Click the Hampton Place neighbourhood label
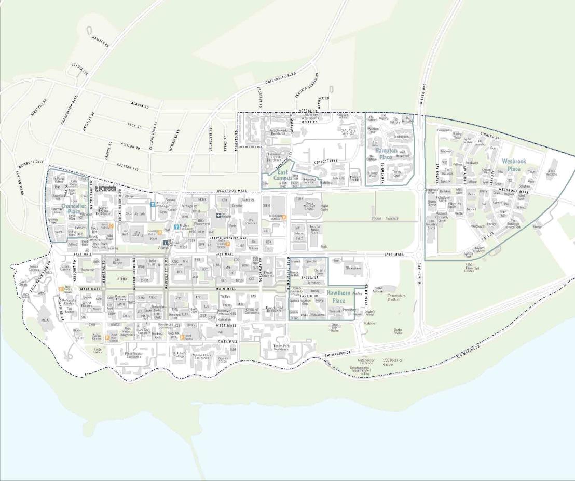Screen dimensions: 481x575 pos(386,154)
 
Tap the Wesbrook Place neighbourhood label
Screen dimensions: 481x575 pos(513,165)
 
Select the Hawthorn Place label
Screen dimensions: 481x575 pos(338,297)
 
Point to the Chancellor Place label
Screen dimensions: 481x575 pos(71,208)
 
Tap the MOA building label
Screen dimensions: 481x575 pos(45,320)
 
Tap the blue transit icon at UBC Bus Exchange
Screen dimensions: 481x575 pos(152,204)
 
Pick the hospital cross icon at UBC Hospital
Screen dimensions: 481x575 pos(218,215)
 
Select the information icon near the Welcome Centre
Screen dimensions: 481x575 pos(165,243)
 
